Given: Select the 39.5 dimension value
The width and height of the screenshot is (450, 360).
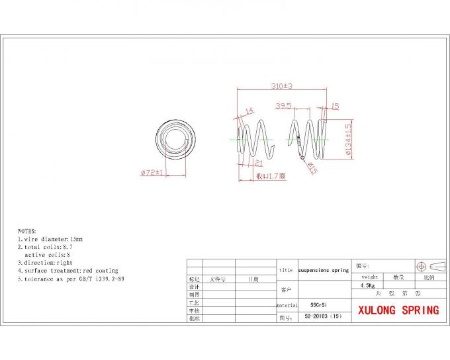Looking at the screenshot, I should (x=284, y=105).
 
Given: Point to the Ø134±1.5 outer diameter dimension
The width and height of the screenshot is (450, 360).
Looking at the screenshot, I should (x=348, y=140).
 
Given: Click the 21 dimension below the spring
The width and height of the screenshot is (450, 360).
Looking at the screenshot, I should (x=258, y=163).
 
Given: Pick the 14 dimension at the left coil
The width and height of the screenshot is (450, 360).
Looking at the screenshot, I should (x=249, y=111).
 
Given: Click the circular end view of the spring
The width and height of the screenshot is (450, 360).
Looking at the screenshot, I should (x=175, y=140).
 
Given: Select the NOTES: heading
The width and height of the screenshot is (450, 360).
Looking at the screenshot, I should (x=27, y=230).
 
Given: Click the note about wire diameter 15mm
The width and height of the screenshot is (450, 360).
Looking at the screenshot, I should (x=50, y=238).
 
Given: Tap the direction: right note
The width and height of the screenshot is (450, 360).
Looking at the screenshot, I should (x=45, y=263).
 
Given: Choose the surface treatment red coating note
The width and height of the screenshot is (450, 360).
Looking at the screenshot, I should (x=67, y=271).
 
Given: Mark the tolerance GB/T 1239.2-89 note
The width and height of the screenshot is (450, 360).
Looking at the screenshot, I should (x=71, y=279).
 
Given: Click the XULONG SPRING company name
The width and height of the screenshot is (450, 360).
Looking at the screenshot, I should (x=398, y=310).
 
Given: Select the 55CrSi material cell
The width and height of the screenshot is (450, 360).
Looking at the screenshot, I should (x=318, y=306).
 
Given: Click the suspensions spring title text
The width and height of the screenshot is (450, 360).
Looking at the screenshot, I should (x=323, y=270).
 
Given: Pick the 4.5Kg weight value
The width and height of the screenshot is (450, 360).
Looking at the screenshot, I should (x=367, y=285).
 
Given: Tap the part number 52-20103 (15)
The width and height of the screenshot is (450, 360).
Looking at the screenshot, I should (x=322, y=317).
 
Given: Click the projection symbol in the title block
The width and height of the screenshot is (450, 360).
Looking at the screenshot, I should (x=426, y=266).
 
